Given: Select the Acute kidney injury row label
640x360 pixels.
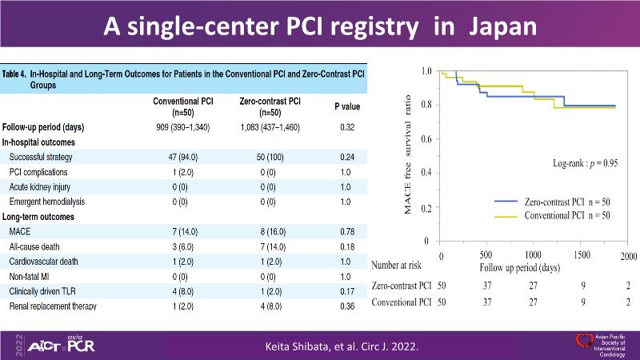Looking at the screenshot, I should pos(46,186).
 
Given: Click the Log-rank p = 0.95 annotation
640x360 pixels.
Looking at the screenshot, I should pos(590,162).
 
